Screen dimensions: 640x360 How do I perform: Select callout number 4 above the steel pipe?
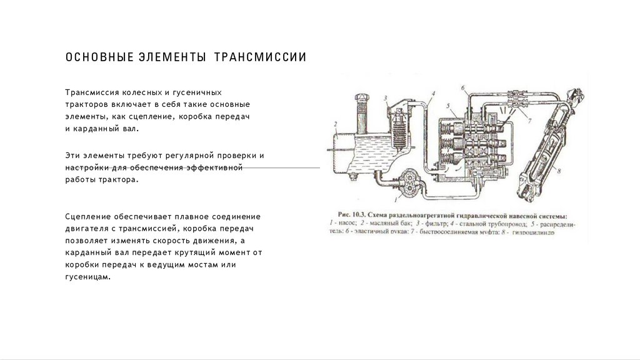pos(432,94)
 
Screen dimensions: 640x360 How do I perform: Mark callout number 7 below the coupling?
pos(528,119)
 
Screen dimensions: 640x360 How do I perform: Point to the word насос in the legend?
pos(346,222)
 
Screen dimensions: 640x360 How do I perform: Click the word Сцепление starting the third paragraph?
pos(87,216)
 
